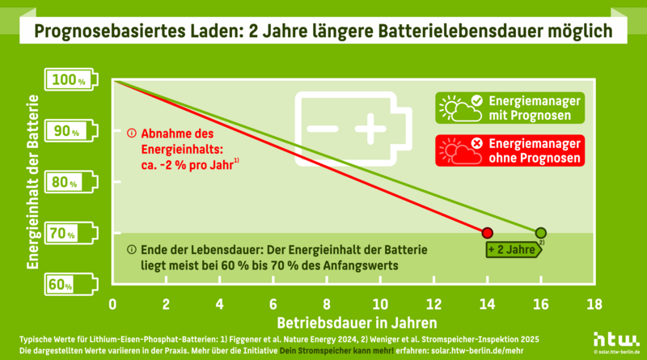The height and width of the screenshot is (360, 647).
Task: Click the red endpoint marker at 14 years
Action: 487,233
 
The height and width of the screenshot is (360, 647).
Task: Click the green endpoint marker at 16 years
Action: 540,233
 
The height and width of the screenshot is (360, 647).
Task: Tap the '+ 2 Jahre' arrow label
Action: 514,251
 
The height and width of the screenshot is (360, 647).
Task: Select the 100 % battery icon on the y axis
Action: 72,80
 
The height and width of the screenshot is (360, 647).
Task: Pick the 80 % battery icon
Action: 72,183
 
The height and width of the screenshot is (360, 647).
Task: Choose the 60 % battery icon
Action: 72,285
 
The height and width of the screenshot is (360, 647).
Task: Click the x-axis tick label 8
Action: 327,304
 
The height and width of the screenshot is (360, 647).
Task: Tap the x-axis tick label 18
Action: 594,304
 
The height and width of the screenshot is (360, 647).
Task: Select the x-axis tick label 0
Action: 112,304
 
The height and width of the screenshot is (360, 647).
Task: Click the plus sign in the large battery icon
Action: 370,129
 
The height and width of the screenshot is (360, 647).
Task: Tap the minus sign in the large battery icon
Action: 321,129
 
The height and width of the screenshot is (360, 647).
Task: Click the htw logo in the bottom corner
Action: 616,339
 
